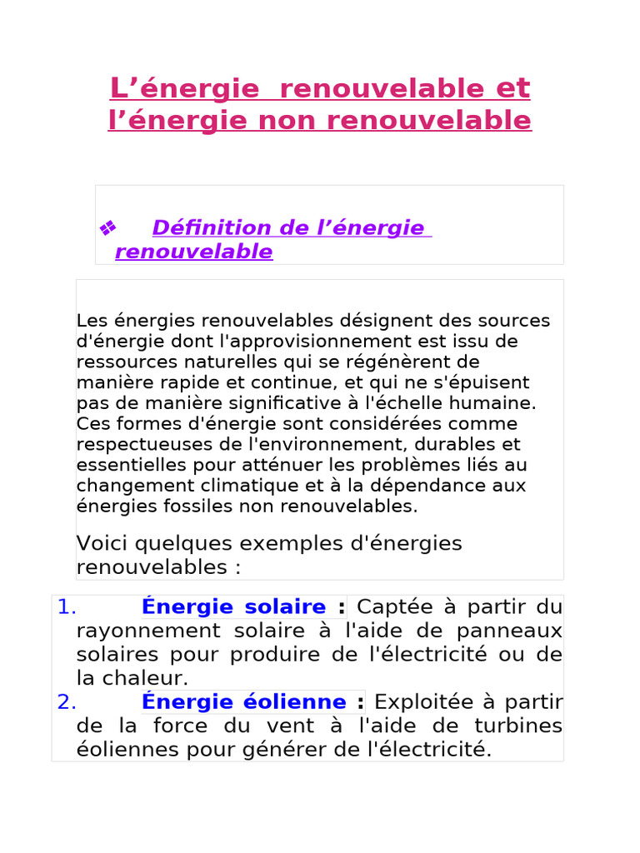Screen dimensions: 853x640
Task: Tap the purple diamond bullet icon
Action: (107, 227)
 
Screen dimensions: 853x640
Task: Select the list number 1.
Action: (67, 606)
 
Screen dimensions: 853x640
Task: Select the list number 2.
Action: (67, 702)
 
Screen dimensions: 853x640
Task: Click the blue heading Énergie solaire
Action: (233, 606)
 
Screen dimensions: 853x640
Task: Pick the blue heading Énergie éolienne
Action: (243, 702)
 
